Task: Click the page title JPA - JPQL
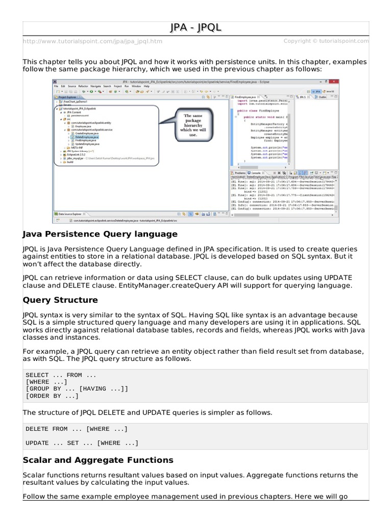[196, 28]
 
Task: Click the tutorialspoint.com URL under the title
[92, 41]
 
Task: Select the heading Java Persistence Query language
[100, 234]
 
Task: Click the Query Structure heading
[60, 300]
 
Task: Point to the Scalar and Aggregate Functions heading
[97, 460]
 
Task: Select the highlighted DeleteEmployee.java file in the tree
[86, 138]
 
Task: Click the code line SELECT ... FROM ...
[61, 375]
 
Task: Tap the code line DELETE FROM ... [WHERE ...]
[77, 429]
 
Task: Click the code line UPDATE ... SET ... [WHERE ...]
[82, 442]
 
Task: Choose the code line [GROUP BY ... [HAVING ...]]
[77, 388]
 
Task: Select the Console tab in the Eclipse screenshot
[257, 173]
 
